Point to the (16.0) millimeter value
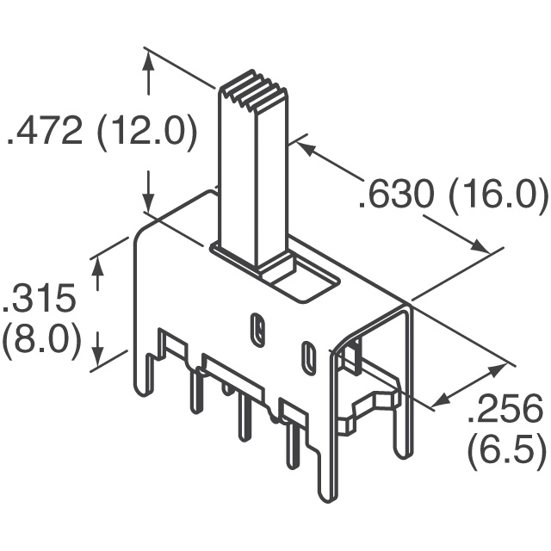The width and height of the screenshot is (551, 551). click(x=498, y=196)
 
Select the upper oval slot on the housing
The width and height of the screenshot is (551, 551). click(x=257, y=328)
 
